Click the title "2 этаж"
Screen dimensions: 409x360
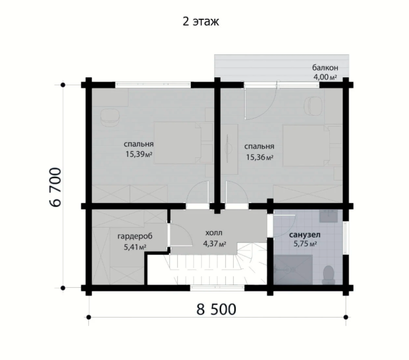tap(201, 21)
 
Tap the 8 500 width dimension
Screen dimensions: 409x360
tap(216, 309)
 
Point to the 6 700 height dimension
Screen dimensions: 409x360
tap(55, 187)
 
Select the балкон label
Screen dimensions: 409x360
tap(325, 67)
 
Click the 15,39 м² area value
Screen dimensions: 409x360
tap(139, 154)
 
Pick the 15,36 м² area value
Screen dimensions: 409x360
tap(259, 157)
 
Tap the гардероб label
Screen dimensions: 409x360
tap(135, 237)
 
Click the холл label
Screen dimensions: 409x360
tap(214, 232)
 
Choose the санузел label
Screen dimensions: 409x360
tap(305, 235)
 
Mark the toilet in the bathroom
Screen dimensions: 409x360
tap(328, 275)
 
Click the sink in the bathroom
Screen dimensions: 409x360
tap(328, 216)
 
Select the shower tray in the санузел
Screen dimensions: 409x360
tap(293, 270)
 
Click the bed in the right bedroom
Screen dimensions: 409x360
tap(306, 145)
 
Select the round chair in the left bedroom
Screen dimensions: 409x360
tap(109, 117)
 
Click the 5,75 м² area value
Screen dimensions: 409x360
tap(305, 244)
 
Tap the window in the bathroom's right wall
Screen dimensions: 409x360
tap(346, 238)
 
